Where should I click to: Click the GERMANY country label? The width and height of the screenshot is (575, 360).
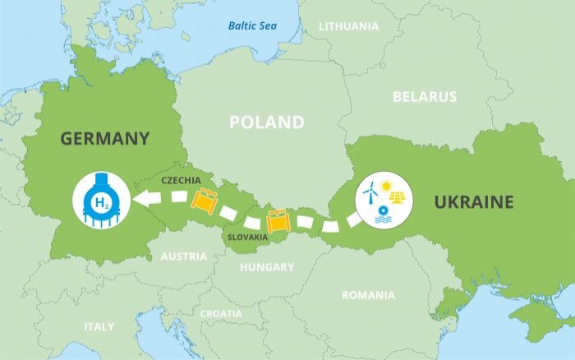pos(104,138)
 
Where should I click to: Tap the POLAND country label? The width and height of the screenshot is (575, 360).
pos(266,122)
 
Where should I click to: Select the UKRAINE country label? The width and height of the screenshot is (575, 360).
pos(474,202)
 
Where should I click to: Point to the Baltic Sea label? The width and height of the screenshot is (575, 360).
pos(252,25)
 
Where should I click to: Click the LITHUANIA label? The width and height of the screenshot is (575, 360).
pos(348,26)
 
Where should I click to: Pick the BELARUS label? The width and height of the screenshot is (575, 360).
pos(424,97)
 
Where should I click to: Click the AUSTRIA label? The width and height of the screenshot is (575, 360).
pos(183,256)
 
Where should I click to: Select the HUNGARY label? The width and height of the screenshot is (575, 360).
pos(266,267)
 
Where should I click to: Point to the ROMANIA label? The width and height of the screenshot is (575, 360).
pos(368,294)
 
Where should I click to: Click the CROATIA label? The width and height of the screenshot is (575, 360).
pos(221,314)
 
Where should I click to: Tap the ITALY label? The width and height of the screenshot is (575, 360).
pos(99,326)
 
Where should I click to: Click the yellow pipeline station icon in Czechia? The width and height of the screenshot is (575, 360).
pos(204,199)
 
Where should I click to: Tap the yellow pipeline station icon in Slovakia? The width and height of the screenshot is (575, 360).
pos(277,220)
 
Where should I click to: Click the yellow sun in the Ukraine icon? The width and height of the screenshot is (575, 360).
pos(386,186)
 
